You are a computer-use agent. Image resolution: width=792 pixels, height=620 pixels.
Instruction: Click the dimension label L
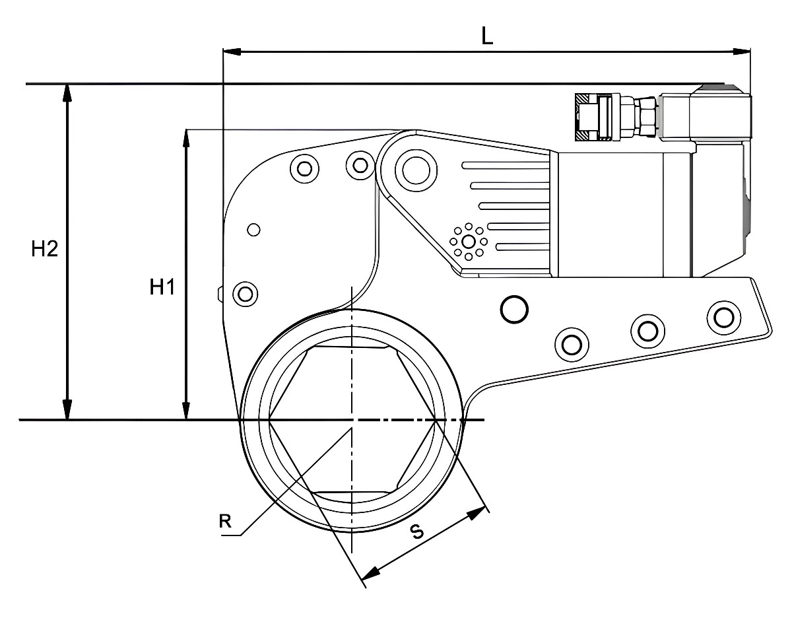tap(487, 36)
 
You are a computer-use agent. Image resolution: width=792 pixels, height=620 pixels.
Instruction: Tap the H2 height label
tap(44, 250)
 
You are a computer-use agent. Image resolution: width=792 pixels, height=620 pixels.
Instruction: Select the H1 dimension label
tap(162, 287)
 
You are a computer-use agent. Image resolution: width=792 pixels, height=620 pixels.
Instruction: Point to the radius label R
tap(225, 521)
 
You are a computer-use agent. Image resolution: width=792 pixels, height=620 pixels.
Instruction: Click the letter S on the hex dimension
tap(417, 532)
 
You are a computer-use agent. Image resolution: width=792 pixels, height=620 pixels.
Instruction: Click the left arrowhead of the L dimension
tap(232, 52)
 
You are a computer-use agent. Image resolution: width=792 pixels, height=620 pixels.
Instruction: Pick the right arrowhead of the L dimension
tap(742, 52)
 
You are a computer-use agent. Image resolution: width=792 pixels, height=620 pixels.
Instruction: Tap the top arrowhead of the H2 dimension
tap(67, 92)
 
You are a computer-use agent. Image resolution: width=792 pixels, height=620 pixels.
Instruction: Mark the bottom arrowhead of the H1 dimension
tap(186, 411)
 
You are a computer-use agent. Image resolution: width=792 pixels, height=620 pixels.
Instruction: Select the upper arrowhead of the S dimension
tap(477, 514)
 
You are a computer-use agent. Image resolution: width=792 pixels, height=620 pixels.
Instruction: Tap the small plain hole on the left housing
tap(253, 230)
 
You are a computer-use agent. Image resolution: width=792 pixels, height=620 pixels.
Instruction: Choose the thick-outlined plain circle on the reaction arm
tap(514, 309)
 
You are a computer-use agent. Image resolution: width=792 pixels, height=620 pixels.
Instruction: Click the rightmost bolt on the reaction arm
tap(724, 318)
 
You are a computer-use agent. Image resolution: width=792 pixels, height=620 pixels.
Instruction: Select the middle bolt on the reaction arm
tap(648, 331)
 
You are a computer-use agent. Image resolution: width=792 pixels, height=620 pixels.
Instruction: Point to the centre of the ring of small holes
tap(469, 242)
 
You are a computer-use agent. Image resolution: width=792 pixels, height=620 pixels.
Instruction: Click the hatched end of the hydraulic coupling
tap(581, 117)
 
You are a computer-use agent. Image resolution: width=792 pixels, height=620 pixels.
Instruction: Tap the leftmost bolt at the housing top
tap(304, 168)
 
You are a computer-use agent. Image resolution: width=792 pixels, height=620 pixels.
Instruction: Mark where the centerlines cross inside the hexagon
tap(352, 420)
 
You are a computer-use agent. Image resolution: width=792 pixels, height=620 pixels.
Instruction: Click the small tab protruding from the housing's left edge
tap(221, 294)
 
